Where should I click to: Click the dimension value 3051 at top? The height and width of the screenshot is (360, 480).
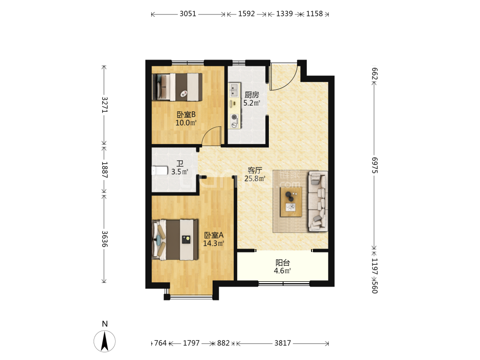tap(188, 14)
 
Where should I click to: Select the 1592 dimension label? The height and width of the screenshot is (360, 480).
tap(246, 14)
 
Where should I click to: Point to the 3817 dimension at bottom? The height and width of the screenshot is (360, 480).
tap(283, 343)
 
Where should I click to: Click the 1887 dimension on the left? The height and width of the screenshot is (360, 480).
tap(105, 169)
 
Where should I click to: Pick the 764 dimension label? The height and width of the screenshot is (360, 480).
tap(160, 343)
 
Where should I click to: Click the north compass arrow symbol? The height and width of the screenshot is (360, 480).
tap(105, 341)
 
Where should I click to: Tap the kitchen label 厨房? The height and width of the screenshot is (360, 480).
tap(252, 95)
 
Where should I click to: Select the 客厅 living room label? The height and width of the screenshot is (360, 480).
tap(255, 170)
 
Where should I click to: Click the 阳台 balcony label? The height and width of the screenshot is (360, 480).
tap(283, 263)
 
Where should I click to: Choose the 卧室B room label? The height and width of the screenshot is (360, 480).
tap(186, 115)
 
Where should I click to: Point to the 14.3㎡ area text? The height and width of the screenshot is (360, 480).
tap(214, 243)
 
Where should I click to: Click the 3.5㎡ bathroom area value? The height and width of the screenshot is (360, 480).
tap(180, 172)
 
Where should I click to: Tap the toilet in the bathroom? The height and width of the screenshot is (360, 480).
tap(160, 170)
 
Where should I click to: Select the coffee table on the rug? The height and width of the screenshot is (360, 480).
tap(291, 202)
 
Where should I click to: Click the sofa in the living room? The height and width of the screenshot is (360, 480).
tap(318, 201)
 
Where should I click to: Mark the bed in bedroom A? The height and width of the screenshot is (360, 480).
tap(175, 240)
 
